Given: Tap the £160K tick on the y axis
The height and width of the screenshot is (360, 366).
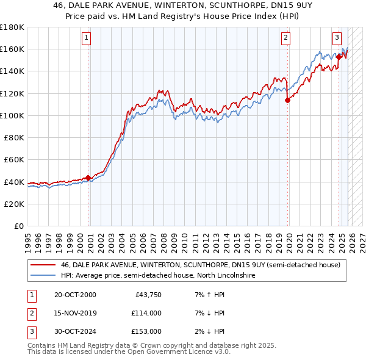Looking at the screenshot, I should coord(12,49).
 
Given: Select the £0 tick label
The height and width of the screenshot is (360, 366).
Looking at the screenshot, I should coord(19,226).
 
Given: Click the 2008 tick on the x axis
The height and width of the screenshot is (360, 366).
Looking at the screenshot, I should coord(162,237).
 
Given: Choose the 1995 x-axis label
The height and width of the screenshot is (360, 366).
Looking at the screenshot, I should coord(28,237).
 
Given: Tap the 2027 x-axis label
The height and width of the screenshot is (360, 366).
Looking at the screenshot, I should coord(359,237).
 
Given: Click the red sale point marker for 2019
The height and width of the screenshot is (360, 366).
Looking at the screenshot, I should coord(287,101).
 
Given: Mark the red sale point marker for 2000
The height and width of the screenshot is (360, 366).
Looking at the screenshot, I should coord(88,178).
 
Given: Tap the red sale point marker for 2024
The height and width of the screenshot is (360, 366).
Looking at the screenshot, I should coord(339,57).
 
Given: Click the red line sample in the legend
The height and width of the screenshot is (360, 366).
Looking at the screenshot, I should coord(43,265).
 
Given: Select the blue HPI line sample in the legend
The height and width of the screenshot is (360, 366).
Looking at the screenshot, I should coord(43,275).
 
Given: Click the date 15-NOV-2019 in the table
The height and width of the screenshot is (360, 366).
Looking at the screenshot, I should coord(75,313).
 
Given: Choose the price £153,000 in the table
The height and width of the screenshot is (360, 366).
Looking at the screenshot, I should coord(146,331).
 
